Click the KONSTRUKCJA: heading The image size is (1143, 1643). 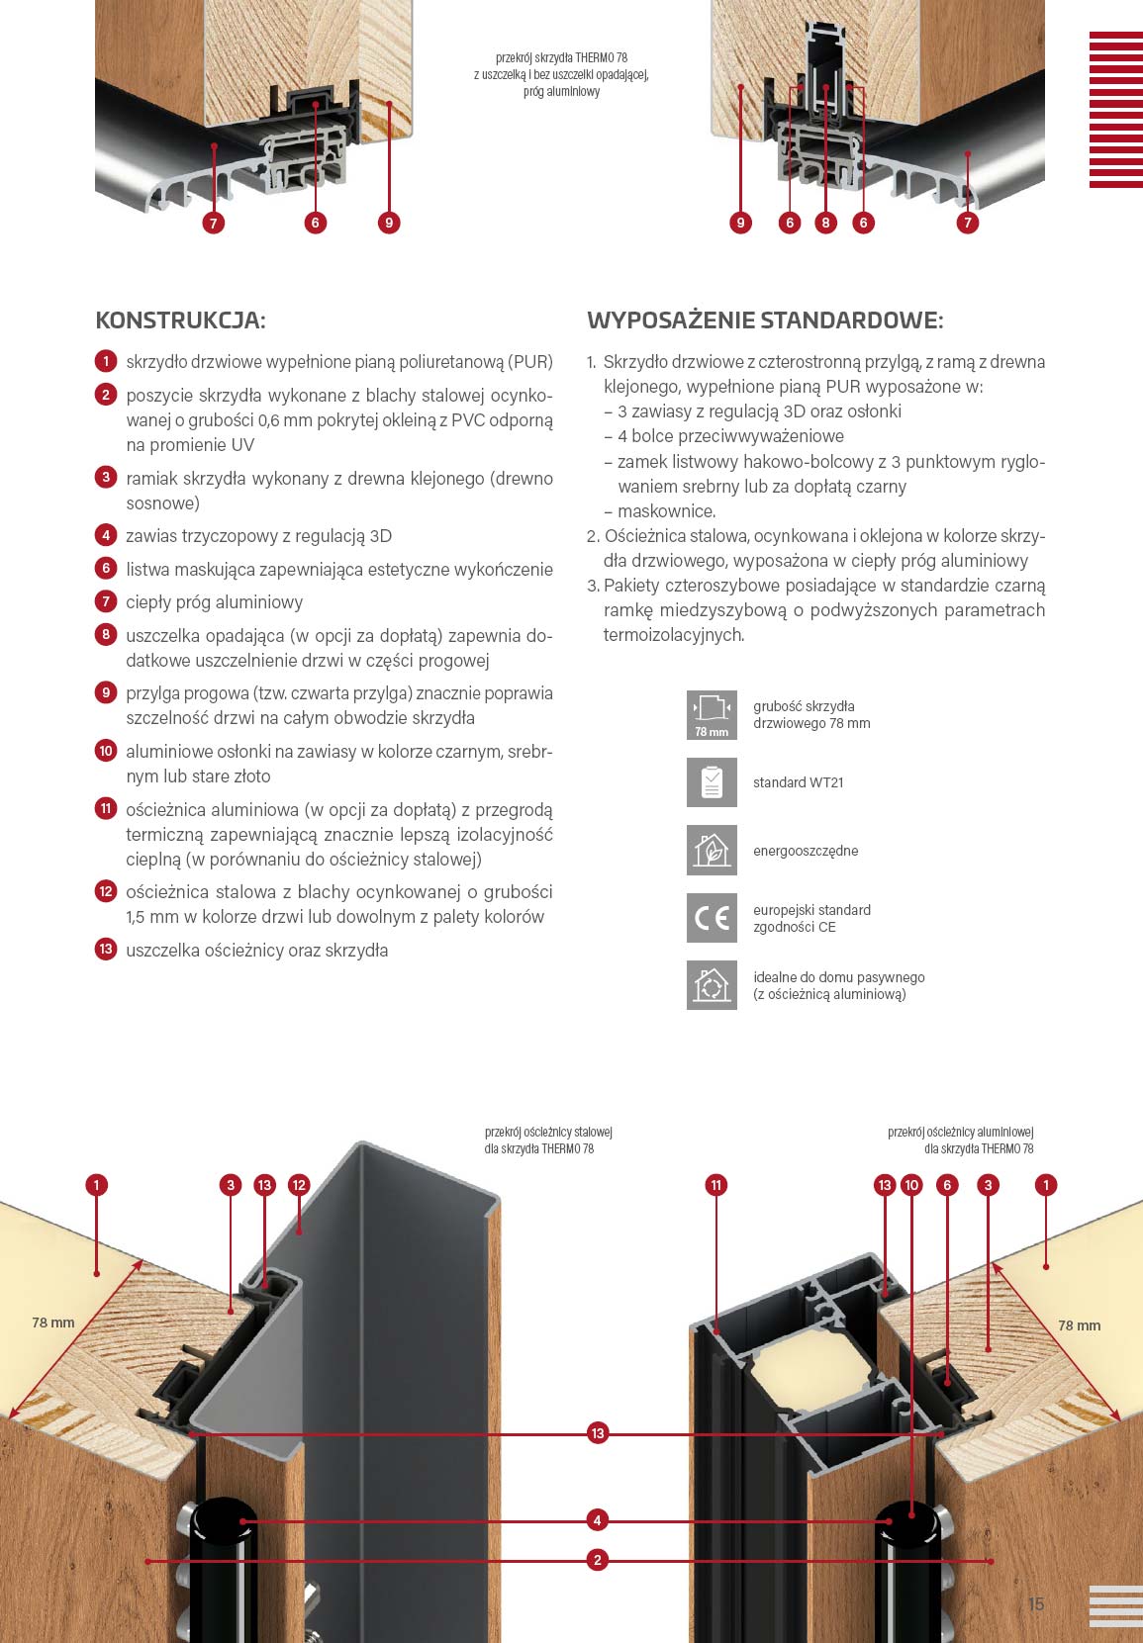point(180,320)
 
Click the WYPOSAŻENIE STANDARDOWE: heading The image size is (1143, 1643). point(765,320)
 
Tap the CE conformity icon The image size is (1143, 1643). point(712,918)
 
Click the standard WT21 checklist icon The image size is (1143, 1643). point(712,782)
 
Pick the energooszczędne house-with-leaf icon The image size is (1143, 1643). point(712,850)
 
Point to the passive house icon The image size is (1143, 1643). point(712,985)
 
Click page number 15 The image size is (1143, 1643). point(1036,1604)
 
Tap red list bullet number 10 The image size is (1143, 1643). point(106,751)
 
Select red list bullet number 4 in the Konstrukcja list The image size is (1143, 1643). point(106,535)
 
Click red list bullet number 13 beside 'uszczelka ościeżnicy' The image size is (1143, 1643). point(106,950)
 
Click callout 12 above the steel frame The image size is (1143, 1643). point(299,1185)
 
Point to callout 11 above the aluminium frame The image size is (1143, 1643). point(716,1185)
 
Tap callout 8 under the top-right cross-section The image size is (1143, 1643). point(825,223)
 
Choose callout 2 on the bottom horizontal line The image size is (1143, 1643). point(597,1560)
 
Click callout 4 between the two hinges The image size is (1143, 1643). point(597,1520)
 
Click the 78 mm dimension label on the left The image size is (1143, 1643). point(52,1323)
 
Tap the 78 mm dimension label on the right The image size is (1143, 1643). point(1080,1325)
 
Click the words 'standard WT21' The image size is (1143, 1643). point(799,782)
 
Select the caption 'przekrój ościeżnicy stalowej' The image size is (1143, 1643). point(549,1132)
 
